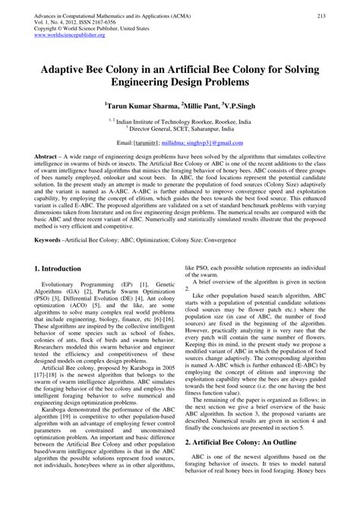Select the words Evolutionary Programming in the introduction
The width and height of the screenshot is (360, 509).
pyautogui.click(x=80, y=284)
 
